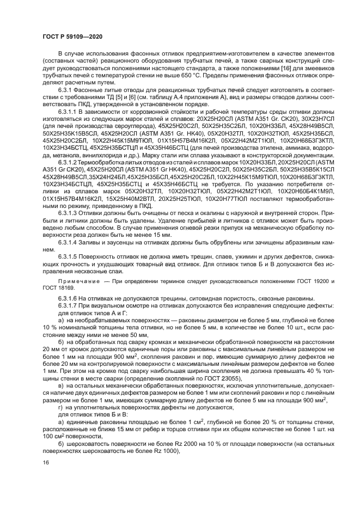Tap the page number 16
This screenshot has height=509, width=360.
(46, 462)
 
